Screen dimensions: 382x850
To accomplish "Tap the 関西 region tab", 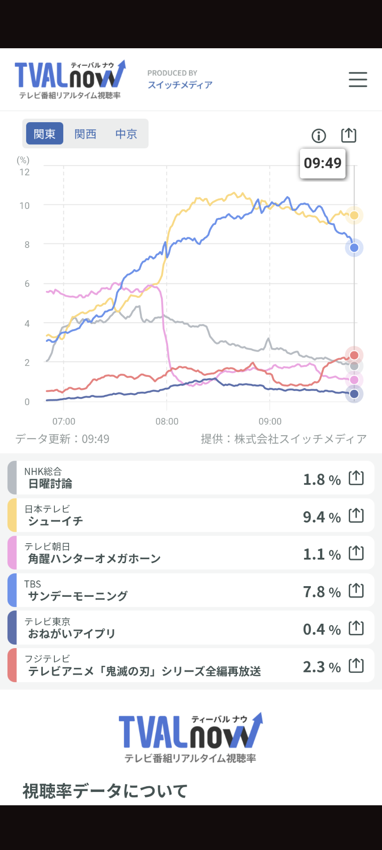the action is tap(85, 134).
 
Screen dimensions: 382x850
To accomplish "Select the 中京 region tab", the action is tap(126, 134).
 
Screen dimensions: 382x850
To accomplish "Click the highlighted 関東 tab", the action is tap(45, 134).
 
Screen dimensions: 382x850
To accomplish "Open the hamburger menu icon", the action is tap(358, 80).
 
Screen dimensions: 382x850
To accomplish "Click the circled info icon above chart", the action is tap(319, 136).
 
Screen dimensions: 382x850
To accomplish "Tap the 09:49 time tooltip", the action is tap(323, 163).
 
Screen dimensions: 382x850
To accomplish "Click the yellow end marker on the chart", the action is tap(354, 216).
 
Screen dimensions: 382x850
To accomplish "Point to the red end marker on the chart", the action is tap(354, 355).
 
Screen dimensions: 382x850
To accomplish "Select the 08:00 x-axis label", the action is tap(167, 421).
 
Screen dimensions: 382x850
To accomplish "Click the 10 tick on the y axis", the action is tap(25, 206).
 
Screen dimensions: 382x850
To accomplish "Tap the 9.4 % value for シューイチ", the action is tap(322, 517).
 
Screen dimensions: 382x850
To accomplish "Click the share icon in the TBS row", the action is tap(356, 591).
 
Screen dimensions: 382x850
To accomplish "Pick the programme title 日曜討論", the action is tap(50, 484).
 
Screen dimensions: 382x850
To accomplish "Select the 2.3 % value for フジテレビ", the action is tap(322, 667).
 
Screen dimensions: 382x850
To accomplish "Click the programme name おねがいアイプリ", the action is tap(72, 634).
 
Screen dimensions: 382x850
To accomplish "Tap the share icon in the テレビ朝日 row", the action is tap(356, 553).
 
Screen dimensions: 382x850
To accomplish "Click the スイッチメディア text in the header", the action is tap(180, 85).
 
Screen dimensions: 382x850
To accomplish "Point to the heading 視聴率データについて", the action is tap(105, 791).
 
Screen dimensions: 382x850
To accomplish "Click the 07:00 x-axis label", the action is tap(64, 421).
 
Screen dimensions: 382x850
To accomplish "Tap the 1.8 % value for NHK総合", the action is tap(322, 479).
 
